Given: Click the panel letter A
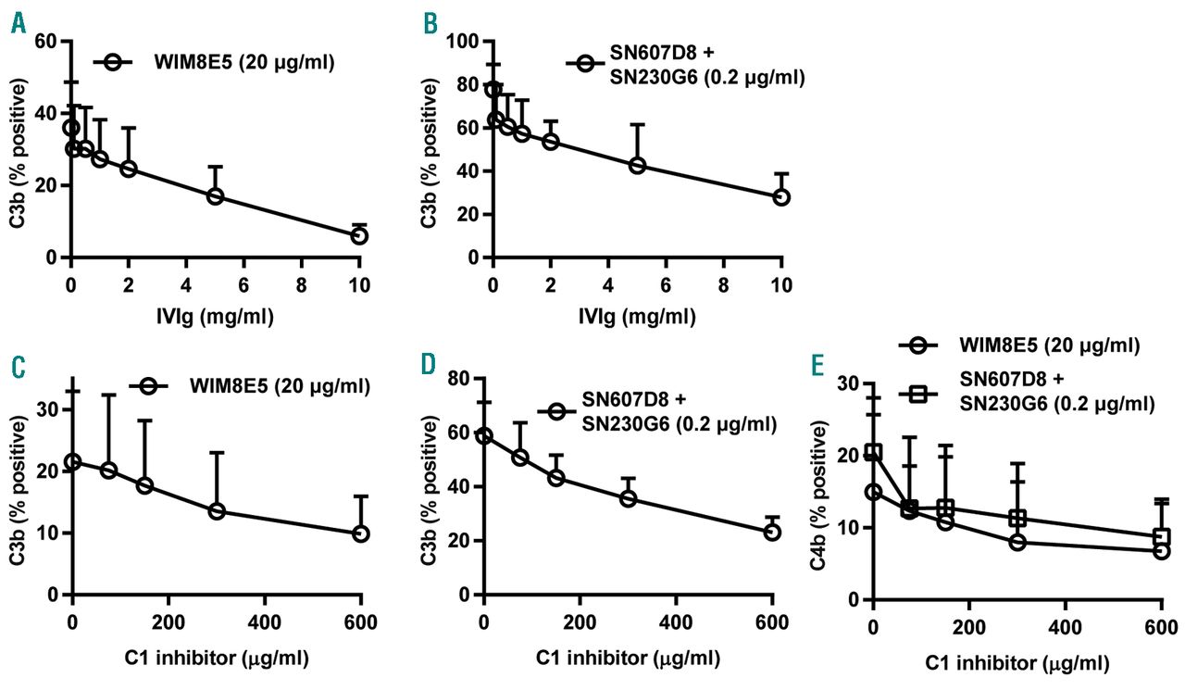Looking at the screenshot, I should (x=18, y=23).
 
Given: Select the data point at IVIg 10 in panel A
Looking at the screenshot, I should (x=359, y=236).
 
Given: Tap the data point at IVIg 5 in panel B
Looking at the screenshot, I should (x=637, y=165).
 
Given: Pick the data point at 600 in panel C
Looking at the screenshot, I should (x=361, y=533).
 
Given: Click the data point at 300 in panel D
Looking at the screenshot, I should (x=629, y=497).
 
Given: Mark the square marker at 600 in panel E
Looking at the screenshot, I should (x=1162, y=536).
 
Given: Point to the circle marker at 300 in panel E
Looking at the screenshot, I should (x=1017, y=542).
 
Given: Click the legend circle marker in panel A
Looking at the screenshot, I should (x=113, y=62).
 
